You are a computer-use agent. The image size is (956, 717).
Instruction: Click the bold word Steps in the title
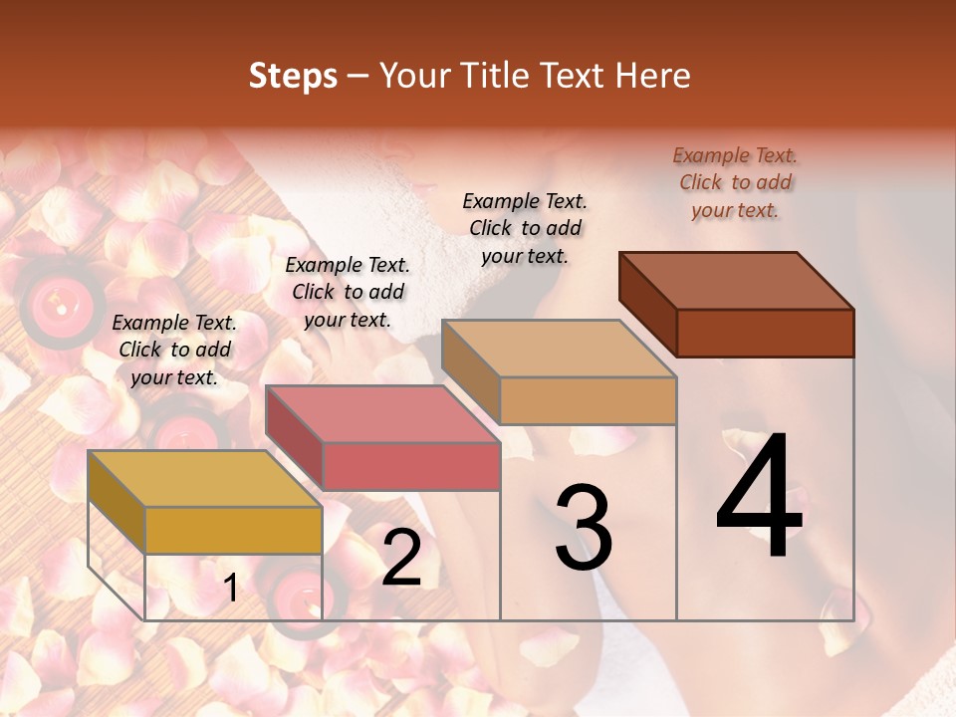[293, 76]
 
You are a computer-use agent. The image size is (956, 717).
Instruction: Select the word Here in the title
[653, 76]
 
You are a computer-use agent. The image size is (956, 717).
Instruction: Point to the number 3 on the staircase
[584, 528]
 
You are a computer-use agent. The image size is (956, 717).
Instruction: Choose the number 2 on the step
[401, 558]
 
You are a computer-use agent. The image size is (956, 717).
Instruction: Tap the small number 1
[231, 589]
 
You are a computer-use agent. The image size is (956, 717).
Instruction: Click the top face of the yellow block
[204, 479]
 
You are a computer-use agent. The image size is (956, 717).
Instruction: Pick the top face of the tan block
[559, 349]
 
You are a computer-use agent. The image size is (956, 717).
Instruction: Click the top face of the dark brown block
[736, 281]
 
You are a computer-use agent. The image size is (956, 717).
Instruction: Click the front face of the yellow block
[233, 530]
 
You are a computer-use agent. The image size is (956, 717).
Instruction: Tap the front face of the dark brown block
[765, 333]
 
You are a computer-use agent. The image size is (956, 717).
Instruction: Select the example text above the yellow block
[174, 350]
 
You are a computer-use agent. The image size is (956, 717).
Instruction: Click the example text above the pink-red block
[348, 292]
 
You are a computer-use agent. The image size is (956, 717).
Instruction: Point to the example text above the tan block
[525, 228]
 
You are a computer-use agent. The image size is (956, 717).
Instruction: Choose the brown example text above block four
[735, 182]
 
